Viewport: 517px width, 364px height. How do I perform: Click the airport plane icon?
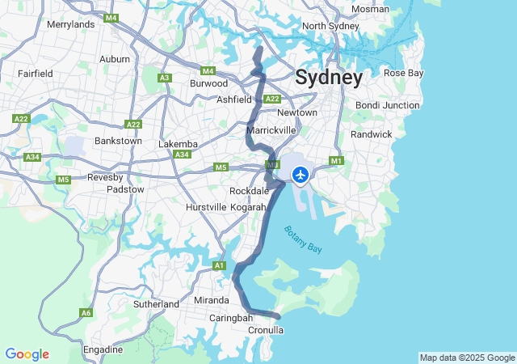tap(301, 174)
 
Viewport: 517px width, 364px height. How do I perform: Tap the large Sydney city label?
tap(329, 78)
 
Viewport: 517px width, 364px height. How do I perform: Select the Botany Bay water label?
tap(303, 239)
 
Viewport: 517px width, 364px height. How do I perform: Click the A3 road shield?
tap(165, 78)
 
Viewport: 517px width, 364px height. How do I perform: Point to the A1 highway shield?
tap(218, 265)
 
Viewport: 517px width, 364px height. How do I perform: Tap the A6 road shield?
tap(86, 313)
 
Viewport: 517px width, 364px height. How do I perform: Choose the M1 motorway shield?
tap(337, 161)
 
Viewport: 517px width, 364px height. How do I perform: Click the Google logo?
tap(27, 354)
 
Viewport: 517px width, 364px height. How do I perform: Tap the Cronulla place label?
tap(265, 330)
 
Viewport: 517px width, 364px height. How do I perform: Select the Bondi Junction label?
tap(388, 105)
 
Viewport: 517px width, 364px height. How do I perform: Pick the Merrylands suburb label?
tap(70, 24)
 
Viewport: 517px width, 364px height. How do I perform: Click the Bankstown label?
tap(118, 141)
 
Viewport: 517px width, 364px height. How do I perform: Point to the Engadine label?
tap(103, 349)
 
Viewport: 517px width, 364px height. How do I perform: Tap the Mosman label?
tap(370, 10)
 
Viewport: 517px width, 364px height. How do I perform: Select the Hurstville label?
tap(206, 207)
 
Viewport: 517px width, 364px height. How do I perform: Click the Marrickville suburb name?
tap(271, 129)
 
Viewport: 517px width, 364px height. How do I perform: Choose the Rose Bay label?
tap(403, 73)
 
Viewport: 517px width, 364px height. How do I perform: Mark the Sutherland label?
tap(156, 304)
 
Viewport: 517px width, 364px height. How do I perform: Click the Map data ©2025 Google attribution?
tap(467, 358)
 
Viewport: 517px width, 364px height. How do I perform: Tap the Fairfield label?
tap(36, 74)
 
